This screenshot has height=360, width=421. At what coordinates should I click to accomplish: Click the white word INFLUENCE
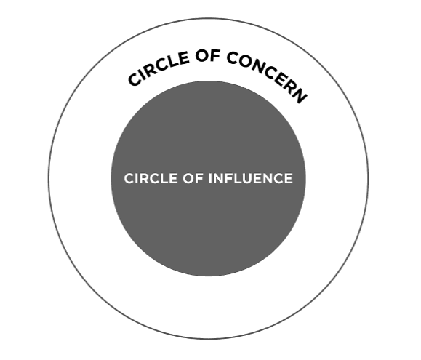tap(251, 178)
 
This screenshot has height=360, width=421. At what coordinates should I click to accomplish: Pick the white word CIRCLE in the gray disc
tap(151, 178)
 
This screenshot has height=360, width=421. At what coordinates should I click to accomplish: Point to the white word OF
tap(193, 178)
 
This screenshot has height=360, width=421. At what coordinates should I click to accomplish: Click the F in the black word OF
tap(216, 57)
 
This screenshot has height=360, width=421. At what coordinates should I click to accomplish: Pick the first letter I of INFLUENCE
tap(210, 178)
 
